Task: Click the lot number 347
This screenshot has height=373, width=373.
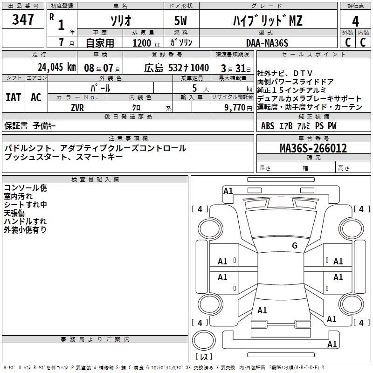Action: pos(23,20)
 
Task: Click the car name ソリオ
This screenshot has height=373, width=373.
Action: pos(120,21)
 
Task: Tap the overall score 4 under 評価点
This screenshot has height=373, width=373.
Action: pos(355,21)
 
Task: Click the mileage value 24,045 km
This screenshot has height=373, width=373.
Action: pos(55,67)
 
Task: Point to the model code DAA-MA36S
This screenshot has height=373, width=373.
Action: pos(267,43)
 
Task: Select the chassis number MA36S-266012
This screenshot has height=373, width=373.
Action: pos(313,148)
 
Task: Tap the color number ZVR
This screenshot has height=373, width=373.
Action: pos(77,108)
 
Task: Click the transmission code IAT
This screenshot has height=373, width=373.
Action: pos(13,97)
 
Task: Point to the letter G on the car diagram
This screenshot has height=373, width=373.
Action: pos(295,245)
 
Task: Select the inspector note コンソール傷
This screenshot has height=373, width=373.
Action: pos(25,188)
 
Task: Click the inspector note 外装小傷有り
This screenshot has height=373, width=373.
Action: pos(25,230)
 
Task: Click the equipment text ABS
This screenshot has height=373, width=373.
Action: pos(268,126)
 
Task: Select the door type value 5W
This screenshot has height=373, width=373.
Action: pos(181,21)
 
